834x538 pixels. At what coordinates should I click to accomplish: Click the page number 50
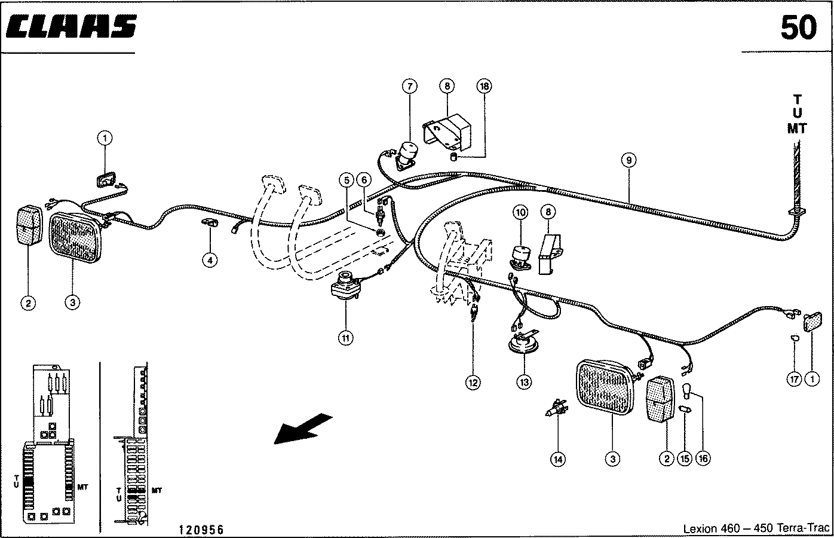[798, 27]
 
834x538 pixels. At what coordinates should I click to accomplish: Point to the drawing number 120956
[201, 530]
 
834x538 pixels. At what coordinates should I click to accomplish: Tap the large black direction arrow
[302, 429]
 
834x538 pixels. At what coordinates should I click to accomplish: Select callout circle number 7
[409, 87]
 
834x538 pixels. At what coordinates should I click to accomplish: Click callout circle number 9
[627, 160]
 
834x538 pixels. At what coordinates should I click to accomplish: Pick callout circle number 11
[345, 338]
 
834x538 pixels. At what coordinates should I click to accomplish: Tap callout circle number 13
[524, 382]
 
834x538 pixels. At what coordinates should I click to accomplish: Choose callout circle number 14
[558, 459]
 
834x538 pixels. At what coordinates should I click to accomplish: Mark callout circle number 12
[473, 382]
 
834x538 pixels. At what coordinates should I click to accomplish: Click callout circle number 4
[209, 259]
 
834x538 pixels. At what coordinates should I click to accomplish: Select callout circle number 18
[484, 87]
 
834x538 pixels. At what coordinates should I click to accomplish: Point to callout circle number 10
[520, 212]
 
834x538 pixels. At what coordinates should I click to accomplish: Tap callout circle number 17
[793, 378]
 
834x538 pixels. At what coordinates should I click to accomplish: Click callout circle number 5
[345, 179]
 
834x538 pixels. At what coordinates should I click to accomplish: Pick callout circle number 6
[364, 179]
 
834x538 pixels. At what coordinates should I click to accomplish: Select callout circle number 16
[704, 459]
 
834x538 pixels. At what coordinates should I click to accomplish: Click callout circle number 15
[685, 459]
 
